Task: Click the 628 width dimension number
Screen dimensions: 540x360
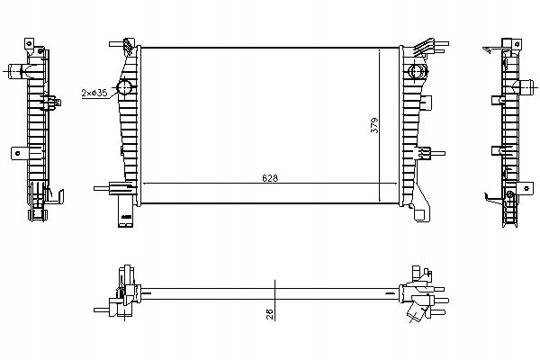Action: pos(270,178)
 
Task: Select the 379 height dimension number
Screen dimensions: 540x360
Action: pos(374,125)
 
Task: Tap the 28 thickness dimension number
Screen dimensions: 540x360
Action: pos(270,314)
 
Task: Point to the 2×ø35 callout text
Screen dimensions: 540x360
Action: pos(94,93)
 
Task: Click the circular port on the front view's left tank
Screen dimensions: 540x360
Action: pos(124,87)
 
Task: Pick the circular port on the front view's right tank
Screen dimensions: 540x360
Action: pos(416,71)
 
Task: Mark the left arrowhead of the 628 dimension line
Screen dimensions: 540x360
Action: pos(145,184)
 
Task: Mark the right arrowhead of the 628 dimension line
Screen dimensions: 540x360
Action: pos(395,184)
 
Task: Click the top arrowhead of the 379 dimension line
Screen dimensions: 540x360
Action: pos(379,51)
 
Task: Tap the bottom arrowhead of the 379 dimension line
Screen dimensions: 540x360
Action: pos(379,200)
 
